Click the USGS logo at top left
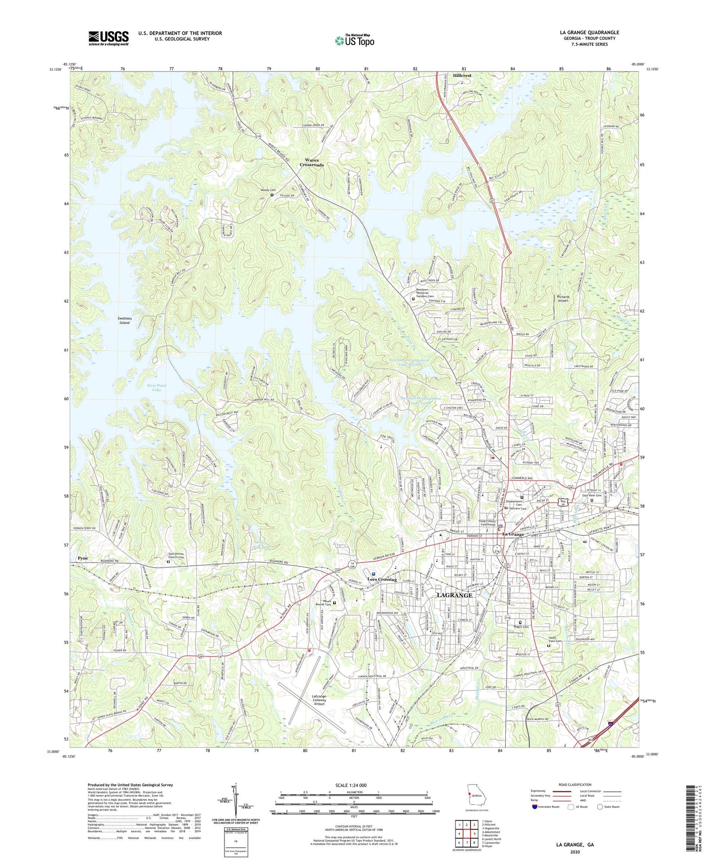point(108,38)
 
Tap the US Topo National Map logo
point(354,40)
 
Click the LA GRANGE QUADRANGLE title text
point(589,33)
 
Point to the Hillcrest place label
point(462,76)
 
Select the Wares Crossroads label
point(311,162)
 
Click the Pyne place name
point(82,558)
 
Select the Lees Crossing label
point(382,579)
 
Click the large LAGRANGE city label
point(454,595)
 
